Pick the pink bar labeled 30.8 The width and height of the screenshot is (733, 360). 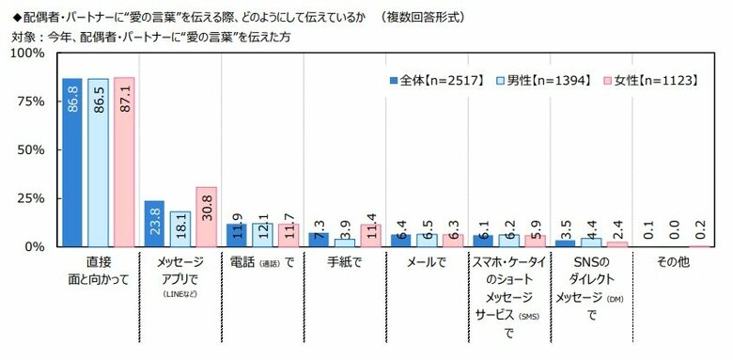coord(206,216)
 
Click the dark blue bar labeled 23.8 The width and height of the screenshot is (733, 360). coord(154,224)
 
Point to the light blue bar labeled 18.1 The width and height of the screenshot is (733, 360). coord(180,228)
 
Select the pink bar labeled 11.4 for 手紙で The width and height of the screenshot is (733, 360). coord(370,235)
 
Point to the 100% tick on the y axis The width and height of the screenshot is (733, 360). coord(26,54)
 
